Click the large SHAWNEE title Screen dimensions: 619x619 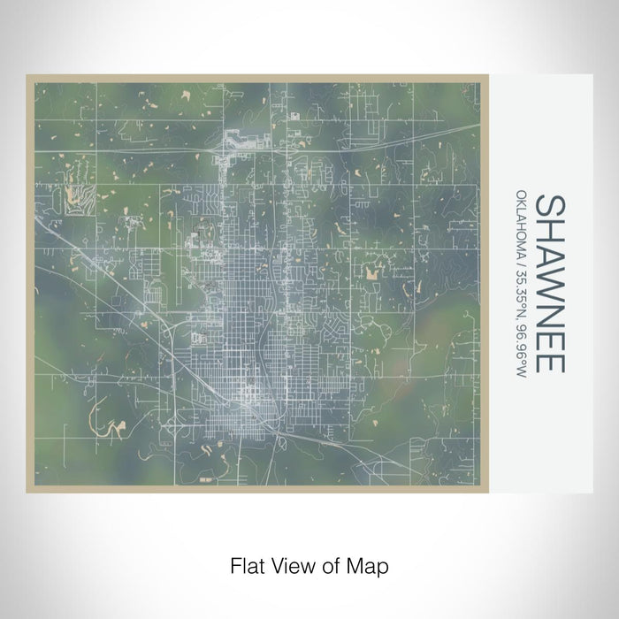[x=549, y=283]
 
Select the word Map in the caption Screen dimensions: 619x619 [x=370, y=564]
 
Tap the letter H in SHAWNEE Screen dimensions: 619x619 [x=549, y=228]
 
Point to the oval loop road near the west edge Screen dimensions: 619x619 [x=154, y=290]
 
